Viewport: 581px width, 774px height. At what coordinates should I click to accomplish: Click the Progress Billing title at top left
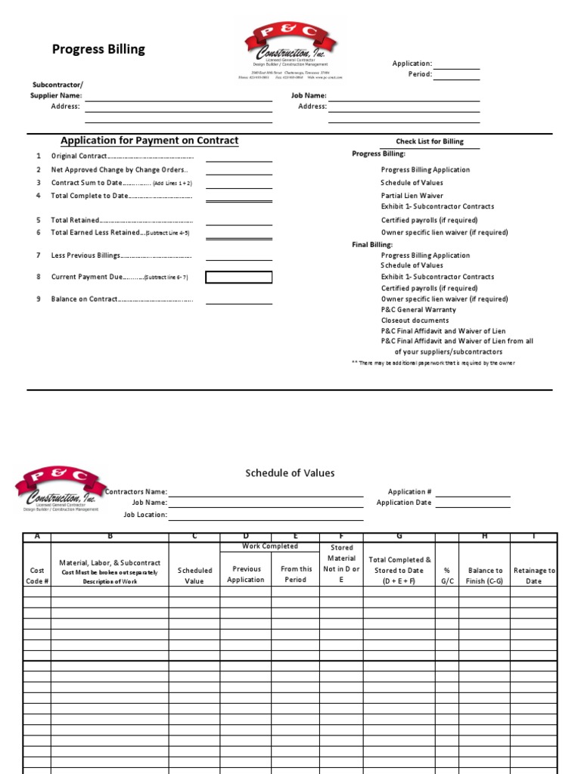point(98,50)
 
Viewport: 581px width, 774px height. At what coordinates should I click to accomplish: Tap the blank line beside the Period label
point(456,74)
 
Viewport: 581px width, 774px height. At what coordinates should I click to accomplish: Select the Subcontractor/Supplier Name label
point(57,90)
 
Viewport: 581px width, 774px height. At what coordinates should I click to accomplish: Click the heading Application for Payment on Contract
point(149,141)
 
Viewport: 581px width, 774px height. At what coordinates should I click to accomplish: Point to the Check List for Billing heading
point(430,141)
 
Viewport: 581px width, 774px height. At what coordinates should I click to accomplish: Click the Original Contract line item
point(121,156)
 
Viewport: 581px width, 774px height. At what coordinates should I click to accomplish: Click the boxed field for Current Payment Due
point(238,277)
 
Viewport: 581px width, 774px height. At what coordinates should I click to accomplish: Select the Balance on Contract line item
point(121,299)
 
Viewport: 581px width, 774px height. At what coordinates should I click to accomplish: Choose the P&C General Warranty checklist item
point(418,310)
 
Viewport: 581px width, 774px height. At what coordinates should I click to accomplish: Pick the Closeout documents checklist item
point(415,320)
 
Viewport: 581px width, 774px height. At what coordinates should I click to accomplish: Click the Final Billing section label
point(372,245)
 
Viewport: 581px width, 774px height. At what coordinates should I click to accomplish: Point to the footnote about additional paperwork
point(433,363)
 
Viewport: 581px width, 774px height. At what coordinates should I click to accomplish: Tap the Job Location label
point(145,515)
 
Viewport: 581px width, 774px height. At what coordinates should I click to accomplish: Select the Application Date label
point(404,503)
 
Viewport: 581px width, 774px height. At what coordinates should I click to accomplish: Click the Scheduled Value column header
point(194,576)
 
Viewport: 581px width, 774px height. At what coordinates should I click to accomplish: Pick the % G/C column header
point(447,576)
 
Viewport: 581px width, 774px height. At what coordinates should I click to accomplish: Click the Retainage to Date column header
point(534,576)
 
